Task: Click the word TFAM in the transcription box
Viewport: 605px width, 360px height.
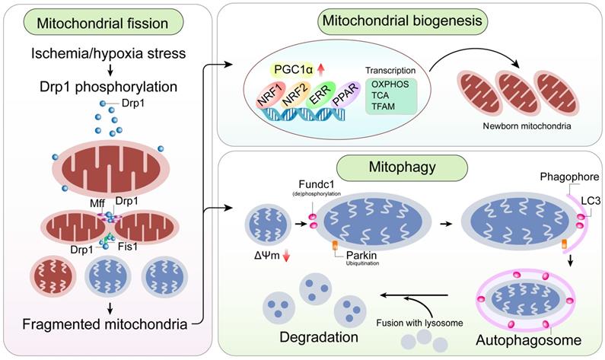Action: point(380,109)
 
